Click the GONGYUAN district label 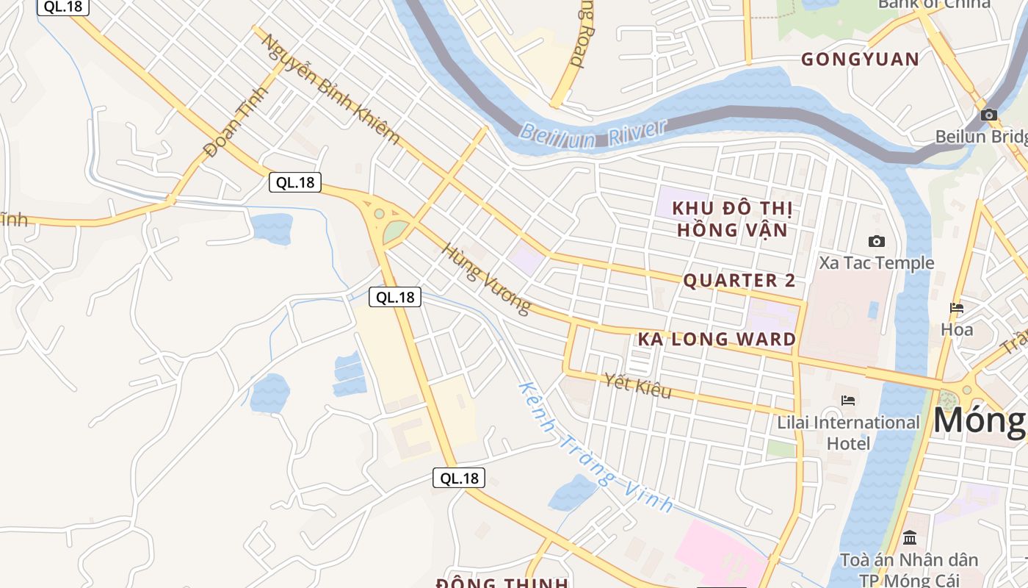(860, 60)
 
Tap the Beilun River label (593, 133)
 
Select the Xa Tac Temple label (877, 262)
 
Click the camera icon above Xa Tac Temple (876, 241)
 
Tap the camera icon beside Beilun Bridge (988, 115)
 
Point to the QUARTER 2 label (739, 280)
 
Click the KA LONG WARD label (717, 339)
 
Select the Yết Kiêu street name (637, 385)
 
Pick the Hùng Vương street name (485, 279)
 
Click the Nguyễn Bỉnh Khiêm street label (331, 89)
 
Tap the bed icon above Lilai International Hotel (848, 401)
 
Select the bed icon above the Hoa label (957, 308)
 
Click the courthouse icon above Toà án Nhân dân (910, 537)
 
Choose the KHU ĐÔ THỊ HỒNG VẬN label (732, 219)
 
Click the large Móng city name (980, 420)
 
